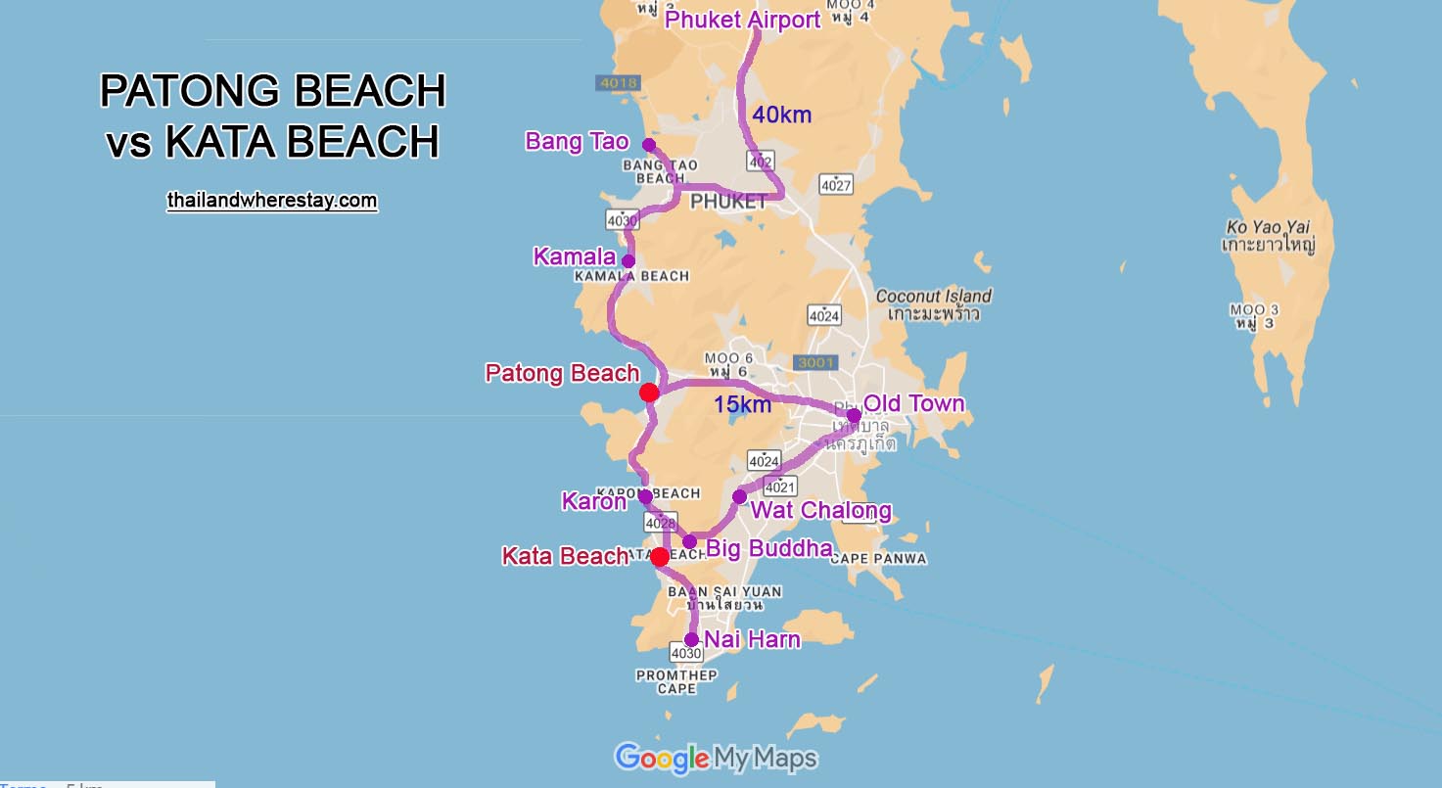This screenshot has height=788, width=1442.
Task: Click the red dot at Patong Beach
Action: (x=648, y=393)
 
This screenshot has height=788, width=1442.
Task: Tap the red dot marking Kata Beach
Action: (x=660, y=557)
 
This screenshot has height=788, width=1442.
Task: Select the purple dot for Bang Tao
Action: (x=648, y=145)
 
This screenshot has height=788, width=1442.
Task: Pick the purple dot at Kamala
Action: (x=628, y=261)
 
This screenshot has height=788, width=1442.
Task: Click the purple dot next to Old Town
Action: (x=854, y=415)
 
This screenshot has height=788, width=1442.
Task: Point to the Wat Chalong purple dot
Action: (x=739, y=496)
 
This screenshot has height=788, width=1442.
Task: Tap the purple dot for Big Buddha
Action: (x=689, y=541)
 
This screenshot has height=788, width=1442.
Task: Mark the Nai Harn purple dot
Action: (x=691, y=639)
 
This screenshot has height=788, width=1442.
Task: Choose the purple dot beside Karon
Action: (x=645, y=496)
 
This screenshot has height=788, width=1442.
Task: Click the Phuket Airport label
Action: (x=742, y=21)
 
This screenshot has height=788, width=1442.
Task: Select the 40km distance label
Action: (x=781, y=116)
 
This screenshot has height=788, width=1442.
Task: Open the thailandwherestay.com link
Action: (x=272, y=201)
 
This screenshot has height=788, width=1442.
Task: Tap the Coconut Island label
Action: (x=933, y=296)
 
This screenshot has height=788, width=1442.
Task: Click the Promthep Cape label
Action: (x=676, y=682)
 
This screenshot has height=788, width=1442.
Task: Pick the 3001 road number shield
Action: (x=815, y=363)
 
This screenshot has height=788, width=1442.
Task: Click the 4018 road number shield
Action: (x=619, y=83)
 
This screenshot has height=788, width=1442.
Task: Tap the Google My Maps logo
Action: (x=716, y=758)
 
